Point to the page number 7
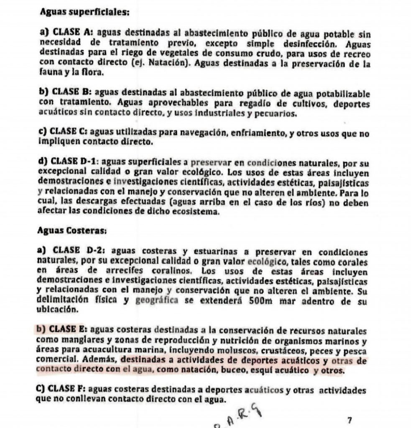click(350, 419)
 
